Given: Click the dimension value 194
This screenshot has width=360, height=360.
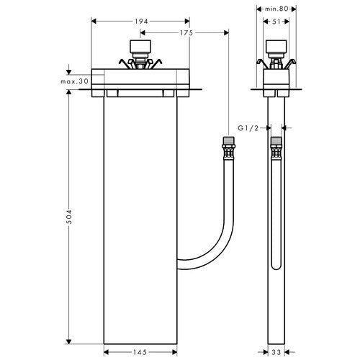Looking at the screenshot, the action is [x=141, y=22].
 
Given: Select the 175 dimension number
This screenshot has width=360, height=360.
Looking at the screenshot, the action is [x=186, y=33].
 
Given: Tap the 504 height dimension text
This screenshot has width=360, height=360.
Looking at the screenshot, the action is [x=69, y=217].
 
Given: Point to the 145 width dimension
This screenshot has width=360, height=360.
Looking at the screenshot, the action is [x=140, y=352].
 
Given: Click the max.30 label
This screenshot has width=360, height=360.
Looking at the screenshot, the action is [x=75, y=81].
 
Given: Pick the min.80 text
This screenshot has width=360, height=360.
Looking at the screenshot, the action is [x=276, y=9].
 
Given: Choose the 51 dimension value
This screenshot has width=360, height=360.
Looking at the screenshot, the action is [x=276, y=22].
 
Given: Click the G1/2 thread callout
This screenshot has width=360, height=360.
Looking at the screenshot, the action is [x=248, y=128].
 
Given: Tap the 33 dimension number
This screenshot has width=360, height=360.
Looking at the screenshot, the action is [x=276, y=352].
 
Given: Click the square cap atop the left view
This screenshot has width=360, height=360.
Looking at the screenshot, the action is [x=140, y=46].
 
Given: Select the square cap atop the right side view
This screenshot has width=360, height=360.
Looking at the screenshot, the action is [x=276, y=46].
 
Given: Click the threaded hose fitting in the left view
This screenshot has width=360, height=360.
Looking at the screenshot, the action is [x=229, y=148].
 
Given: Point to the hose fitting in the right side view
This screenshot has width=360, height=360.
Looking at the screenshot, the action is [x=276, y=148].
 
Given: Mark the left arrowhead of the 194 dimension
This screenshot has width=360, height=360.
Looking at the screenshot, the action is [x=94, y=22].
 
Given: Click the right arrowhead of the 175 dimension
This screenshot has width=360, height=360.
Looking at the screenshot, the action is [x=226, y=32].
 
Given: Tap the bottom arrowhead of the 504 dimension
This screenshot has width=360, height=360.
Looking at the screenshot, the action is [x=69, y=341].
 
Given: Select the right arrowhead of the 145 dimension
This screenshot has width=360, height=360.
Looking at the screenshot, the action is [x=174, y=352].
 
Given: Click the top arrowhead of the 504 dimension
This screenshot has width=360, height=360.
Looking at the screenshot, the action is [x=69, y=92].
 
